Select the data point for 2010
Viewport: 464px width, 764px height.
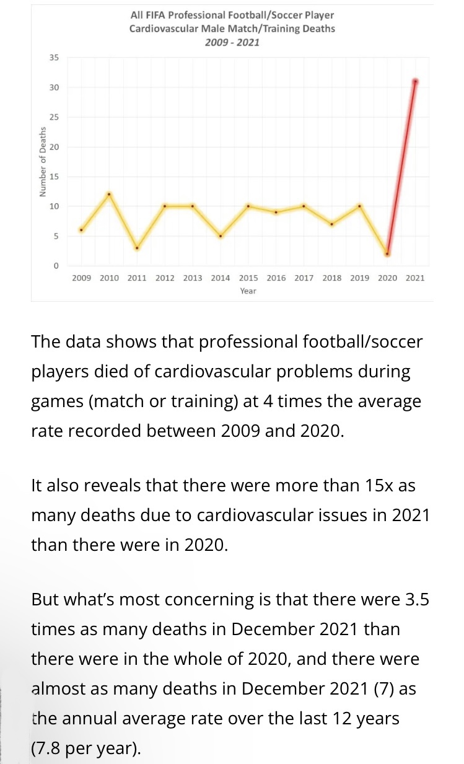109,194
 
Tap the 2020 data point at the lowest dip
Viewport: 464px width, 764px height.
387,254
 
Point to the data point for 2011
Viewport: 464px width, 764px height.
137,248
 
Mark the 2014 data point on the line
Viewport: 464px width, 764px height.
220,236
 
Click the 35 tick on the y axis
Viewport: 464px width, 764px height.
54,58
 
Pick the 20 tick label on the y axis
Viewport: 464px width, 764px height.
54,147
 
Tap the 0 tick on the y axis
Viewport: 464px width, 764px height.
56,266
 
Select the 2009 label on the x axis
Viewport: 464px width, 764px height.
81,278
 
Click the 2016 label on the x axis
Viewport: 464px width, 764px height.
276,278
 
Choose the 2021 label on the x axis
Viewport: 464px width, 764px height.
415,278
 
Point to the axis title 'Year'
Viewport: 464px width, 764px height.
248,291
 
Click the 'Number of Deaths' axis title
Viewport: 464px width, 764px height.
42,162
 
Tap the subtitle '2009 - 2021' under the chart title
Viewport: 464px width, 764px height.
232,43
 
